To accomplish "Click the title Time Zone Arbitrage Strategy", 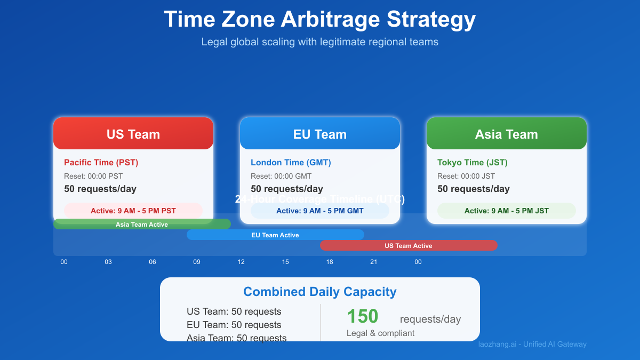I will click(320, 20).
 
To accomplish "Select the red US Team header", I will click(133, 134).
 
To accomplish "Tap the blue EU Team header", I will click(320, 134).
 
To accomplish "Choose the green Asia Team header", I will click(507, 134).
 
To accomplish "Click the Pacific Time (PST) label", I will click(101, 163).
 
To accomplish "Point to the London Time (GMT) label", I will click(291, 163).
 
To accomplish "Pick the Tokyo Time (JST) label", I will click(472, 163).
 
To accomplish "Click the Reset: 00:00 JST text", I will click(466, 177).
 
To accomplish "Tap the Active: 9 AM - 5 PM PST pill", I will click(133, 211).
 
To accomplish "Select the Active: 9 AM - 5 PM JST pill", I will click(507, 211).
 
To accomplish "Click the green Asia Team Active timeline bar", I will click(142, 225).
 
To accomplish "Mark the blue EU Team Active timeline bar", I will click(275, 235).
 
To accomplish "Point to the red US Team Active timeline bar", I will click(409, 246).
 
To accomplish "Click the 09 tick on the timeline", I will click(197, 262).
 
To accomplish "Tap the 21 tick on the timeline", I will click(374, 262).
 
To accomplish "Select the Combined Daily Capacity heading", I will click(320, 292).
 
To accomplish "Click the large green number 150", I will click(363, 316).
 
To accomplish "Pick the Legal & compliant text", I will click(380, 333).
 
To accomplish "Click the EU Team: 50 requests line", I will click(234, 325).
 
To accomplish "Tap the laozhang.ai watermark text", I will click(532, 345).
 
